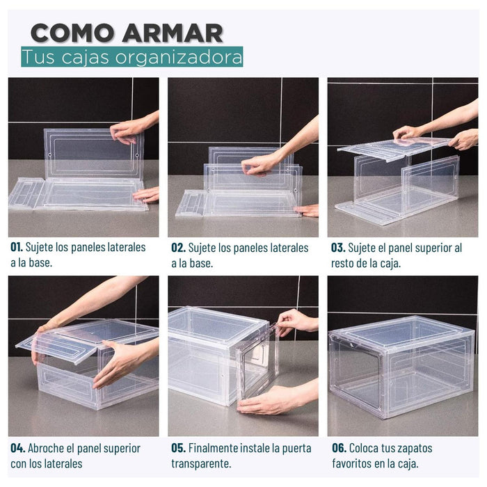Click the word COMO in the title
coord(72,33)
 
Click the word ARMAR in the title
coord(173,33)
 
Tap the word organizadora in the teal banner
coord(179,58)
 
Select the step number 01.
coord(17,247)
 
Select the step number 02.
coord(178,248)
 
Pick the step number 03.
coord(338,248)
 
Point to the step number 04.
coord(17,448)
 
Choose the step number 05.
coord(179,448)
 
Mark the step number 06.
coord(340,448)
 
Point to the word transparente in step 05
coord(200,464)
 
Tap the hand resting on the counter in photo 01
coord(146,195)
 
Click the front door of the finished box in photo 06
coord(356,374)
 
